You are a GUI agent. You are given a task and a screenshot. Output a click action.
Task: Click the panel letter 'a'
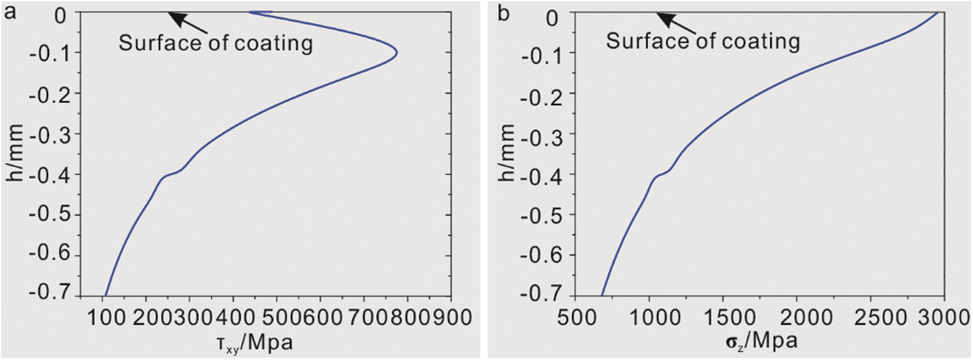pos(9,13)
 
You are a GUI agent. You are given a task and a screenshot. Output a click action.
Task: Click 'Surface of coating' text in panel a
pos(215,44)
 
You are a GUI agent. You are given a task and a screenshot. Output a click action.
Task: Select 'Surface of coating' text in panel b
pos(703,42)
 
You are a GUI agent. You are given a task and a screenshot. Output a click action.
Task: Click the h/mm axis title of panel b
pos(506,153)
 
